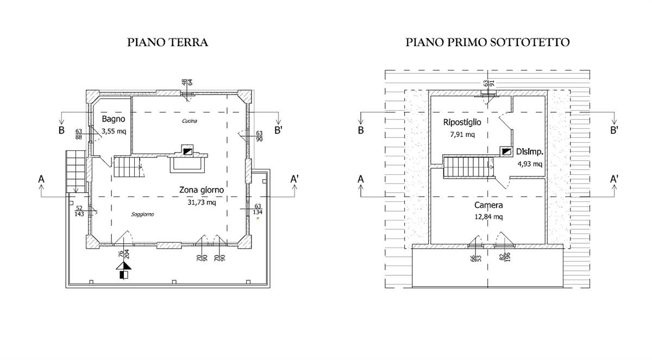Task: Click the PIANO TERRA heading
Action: pyautogui.click(x=167, y=42)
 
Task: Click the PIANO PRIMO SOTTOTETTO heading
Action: pyautogui.click(x=487, y=42)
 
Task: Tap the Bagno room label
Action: pyautogui.click(x=114, y=118)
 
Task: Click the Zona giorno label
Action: pyautogui.click(x=202, y=190)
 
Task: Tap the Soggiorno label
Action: pyautogui.click(x=142, y=214)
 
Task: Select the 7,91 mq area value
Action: pyautogui.click(x=462, y=135)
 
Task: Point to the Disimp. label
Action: pyautogui.click(x=529, y=152)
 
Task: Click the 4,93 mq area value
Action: pyautogui.click(x=529, y=163)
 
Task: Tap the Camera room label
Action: pyautogui.click(x=488, y=205)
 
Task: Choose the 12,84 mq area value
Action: pyautogui.click(x=488, y=217)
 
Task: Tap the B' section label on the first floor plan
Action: pyautogui.click(x=615, y=130)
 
